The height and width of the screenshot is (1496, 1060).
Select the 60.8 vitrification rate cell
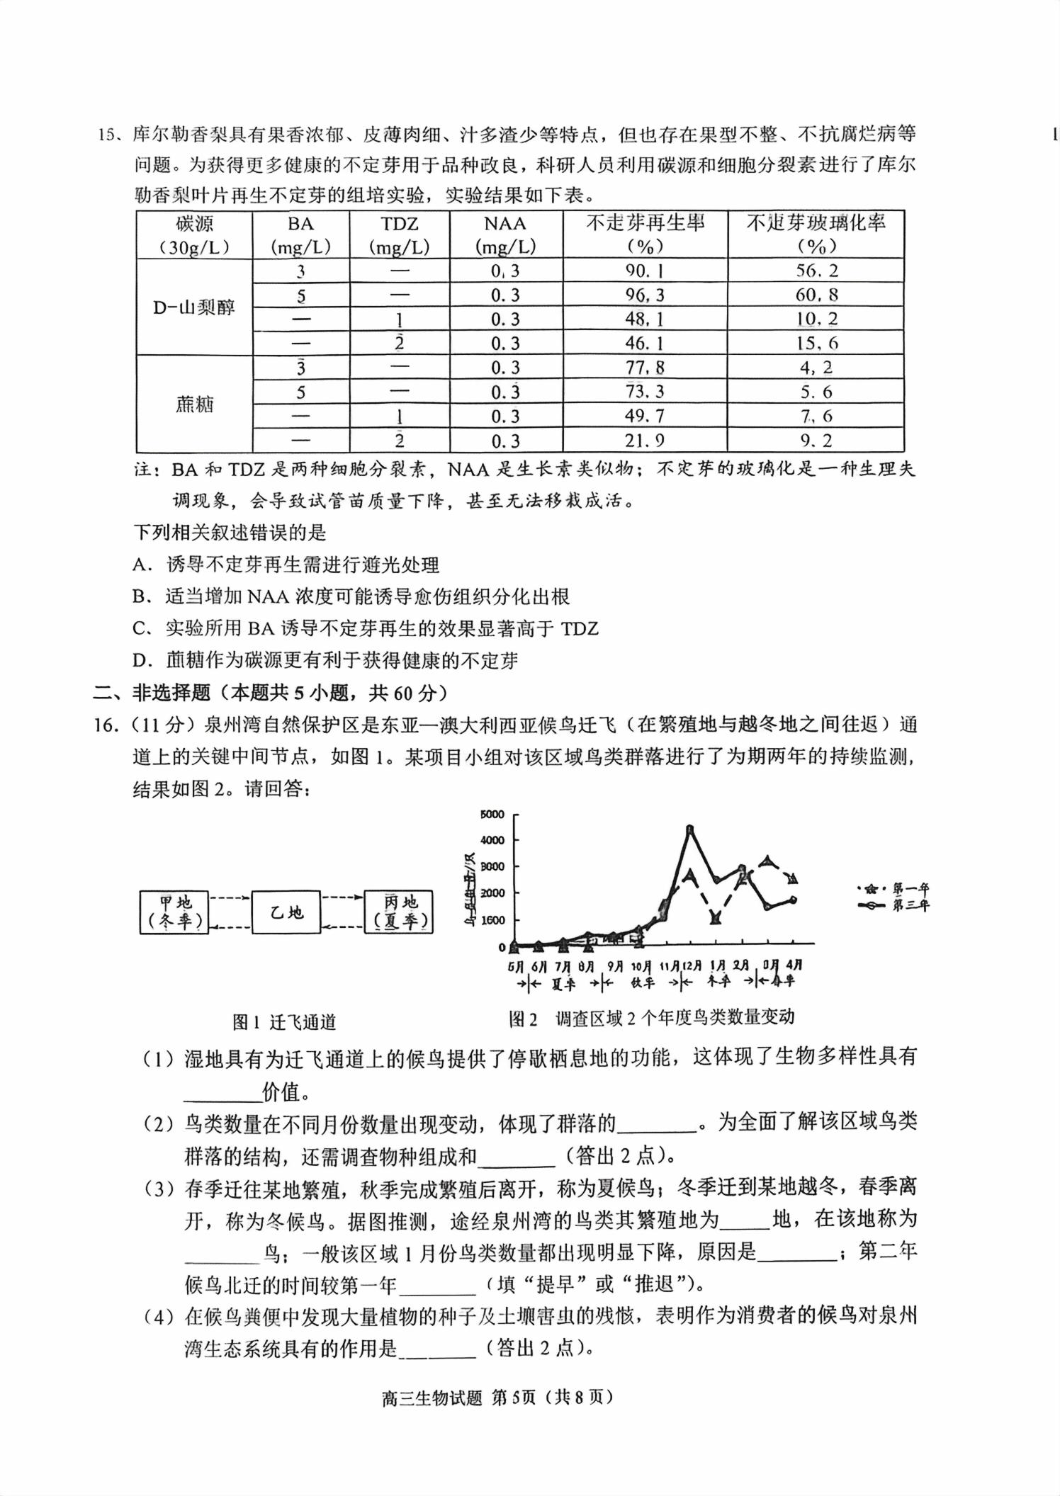816,295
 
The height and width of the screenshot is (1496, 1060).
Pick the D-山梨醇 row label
193,307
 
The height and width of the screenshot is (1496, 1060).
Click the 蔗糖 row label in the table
193,404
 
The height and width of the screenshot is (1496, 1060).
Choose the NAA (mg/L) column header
505,234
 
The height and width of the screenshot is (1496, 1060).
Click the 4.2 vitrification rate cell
816,368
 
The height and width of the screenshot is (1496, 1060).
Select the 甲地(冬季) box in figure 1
174,912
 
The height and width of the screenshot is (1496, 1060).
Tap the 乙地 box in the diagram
286,912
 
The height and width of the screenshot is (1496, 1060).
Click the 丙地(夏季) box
398,912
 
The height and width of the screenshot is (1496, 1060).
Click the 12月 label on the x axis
691,965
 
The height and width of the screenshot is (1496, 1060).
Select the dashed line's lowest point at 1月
716,919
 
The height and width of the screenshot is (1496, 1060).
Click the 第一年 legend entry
894,888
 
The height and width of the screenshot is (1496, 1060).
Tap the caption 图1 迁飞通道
284,1022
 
